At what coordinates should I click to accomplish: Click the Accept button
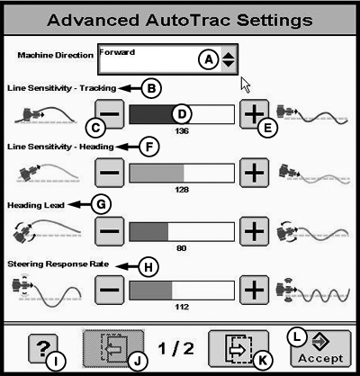(x=320, y=349)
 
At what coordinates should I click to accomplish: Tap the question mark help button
(x=43, y=349)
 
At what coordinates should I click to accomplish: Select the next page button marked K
(x=238, y=349)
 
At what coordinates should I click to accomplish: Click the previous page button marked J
(x=113, y=349)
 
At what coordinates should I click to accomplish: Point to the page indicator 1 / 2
(x=176, y=349)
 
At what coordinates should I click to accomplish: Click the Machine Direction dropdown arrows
(x=229, y=59)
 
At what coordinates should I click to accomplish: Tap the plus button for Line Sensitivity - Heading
(x=254, y=173)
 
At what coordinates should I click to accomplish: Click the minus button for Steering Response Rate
(x=109, y=290)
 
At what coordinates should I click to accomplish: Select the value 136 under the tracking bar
(x=182, y=131)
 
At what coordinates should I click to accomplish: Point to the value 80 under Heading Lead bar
(x=182, y=248)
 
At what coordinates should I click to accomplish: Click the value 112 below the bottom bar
(x=182, y=307)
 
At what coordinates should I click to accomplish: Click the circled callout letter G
(x=101, y=204)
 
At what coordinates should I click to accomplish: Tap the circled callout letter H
(x=148, y=266)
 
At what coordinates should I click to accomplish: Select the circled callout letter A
(x=209, y=59)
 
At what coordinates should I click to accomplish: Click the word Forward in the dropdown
(x=117, y=52)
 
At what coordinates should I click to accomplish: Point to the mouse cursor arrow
(x=246, y=85)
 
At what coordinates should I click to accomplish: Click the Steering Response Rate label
(x=58, y=264)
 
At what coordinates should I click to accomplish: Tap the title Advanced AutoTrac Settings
(x=180, y=20)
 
